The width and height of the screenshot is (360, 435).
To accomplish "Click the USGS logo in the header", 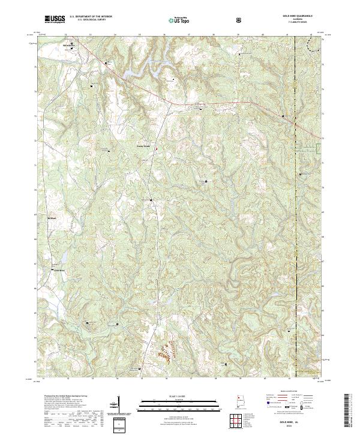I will pos(55,20).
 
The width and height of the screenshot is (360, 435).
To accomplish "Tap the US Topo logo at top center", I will pos(174,20).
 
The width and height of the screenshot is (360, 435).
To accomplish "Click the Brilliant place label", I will pos(52,218).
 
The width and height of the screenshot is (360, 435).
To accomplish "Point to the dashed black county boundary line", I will pos(298,210).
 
